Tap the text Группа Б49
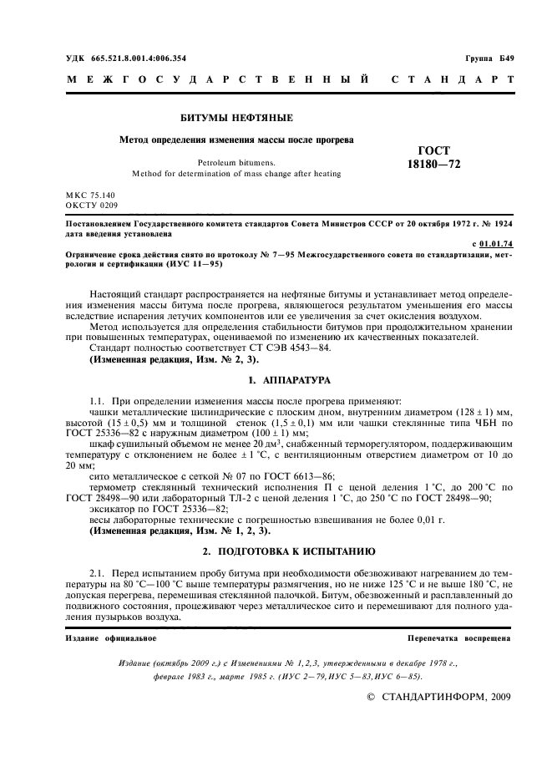click(x=490, y=58)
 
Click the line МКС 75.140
click(x=91, y=194)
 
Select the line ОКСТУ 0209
click(x=91, y=204)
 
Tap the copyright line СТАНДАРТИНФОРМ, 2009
click(x=448, y=696)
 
